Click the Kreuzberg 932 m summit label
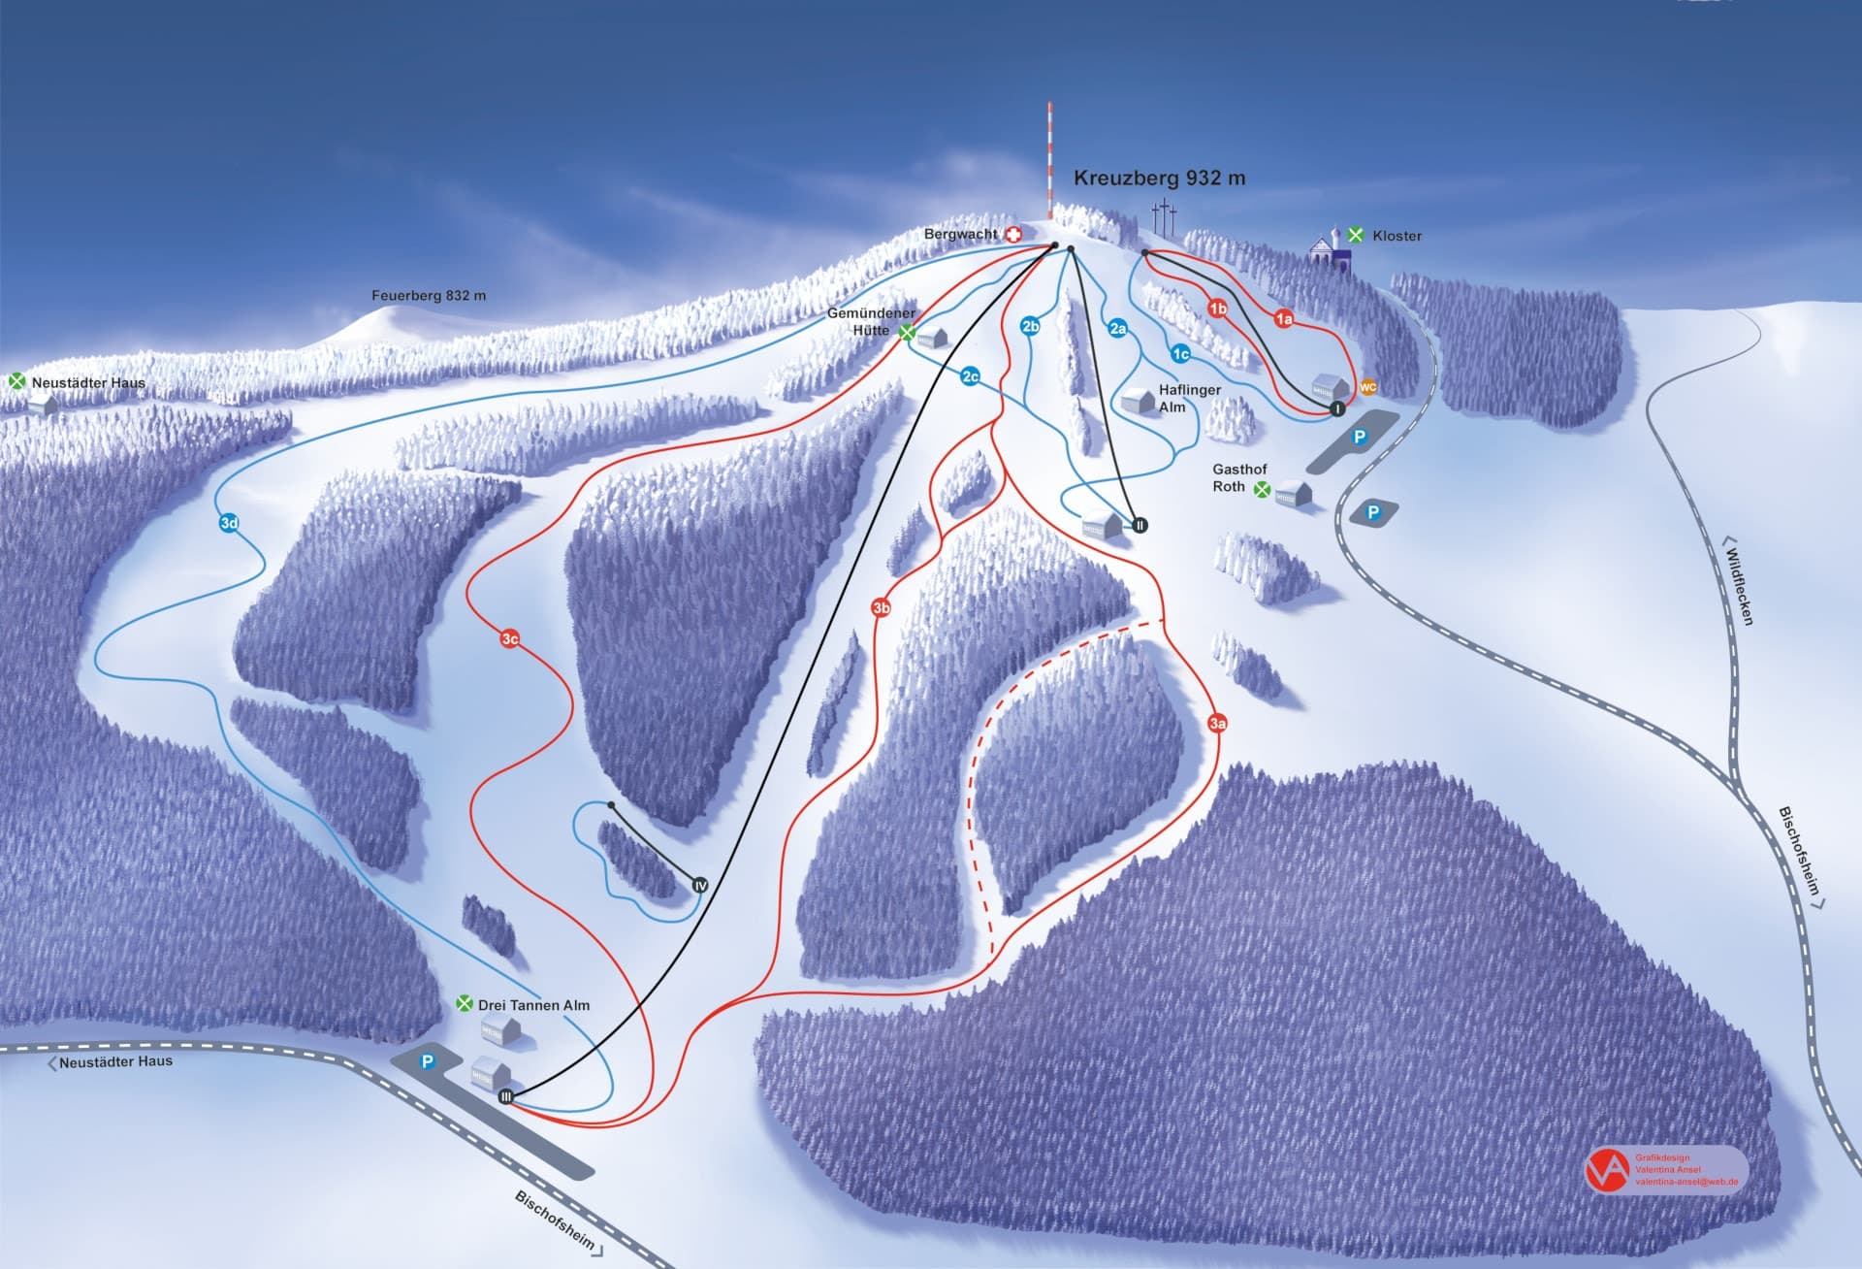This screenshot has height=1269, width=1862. point(1159,179)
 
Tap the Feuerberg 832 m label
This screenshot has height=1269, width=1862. point(429,296)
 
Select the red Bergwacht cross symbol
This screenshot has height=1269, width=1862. point(1013,235)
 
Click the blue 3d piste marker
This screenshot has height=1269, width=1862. point(229,524)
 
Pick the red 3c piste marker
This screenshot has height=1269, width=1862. point(510,638)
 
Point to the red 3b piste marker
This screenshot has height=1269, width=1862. point(881,608)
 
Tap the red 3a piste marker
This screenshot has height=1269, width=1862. point(1218,723)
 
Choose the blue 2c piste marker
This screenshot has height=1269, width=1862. point(970,376)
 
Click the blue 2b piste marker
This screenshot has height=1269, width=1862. point(1030,326)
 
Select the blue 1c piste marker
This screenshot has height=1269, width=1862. point(1180,354)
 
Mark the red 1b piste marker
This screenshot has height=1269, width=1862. point(1217,309)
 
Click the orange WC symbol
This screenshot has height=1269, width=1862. point(1367,387)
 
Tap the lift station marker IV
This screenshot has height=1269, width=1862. point(700,886)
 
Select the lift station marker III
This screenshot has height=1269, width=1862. point(505,1096)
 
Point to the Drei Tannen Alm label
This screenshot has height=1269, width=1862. point(533,1005)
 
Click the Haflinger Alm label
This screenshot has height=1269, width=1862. point(1189,398)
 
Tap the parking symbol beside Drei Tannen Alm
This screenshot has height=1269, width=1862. point(427,1062)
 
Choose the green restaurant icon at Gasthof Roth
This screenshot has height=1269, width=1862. point(1262,491)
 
